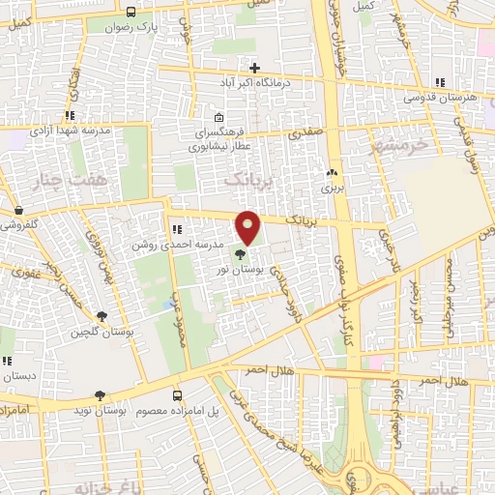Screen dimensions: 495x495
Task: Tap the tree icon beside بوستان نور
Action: tap(240, 255)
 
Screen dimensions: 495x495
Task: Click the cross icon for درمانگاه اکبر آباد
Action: tap(254, 69)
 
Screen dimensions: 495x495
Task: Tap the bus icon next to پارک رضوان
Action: tap(131, 13)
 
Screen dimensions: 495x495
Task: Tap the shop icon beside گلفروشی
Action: tap(18, 210)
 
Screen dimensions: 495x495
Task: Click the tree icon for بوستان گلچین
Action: tap(102, 315)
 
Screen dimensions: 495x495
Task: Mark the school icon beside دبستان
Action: tap(7, 361)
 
